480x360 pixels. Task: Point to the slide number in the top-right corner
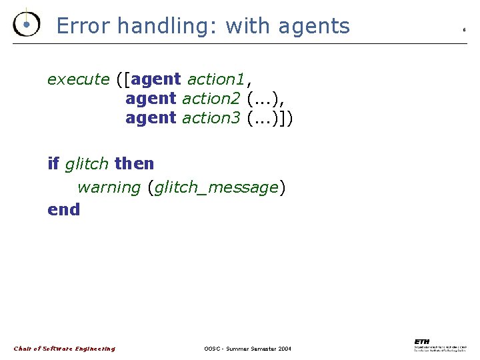[464, 30]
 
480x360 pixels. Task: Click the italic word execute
[78, 79]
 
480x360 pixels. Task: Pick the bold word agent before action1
[157, 80]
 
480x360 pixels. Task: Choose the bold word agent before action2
[151, 99]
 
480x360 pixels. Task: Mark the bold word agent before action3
[151, 119]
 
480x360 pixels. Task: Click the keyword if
[53, 163]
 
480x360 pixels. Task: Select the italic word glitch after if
[87, 163]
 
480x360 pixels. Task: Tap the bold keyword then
[134, 163]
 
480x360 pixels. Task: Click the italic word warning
[109, 187]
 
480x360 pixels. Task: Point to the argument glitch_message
[215, 188]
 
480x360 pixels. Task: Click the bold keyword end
[63, 209]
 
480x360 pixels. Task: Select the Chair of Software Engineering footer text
[65, 349]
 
